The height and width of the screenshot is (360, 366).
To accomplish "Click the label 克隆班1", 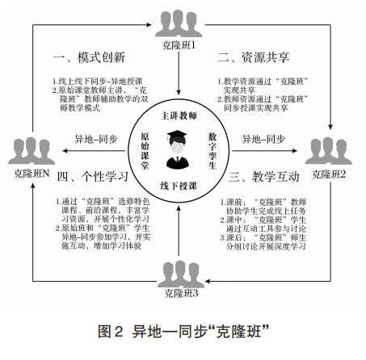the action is tap(179, 45).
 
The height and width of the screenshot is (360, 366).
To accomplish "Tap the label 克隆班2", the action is tap(329, 174).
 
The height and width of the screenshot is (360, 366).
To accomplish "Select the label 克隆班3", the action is tap(181, 293).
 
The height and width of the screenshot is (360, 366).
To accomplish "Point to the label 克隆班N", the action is tap(32, 174).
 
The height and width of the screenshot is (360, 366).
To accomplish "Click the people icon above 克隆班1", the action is tap(179, 23).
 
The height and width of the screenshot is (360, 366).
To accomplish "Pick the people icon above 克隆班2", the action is tap(329, 151).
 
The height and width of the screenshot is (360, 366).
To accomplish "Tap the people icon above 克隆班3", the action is tap(181, 274).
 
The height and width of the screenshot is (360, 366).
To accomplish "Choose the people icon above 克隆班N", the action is tap(32, 151).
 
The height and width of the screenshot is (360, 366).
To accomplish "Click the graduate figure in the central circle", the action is tap(178, 149).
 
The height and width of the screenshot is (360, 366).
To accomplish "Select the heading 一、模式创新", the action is tap(89, 57).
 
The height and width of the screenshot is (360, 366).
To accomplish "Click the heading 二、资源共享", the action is tap(254, 57).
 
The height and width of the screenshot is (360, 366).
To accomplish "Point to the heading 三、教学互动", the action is tap(263, 177).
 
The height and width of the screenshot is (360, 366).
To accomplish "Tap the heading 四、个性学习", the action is tap(93, 177).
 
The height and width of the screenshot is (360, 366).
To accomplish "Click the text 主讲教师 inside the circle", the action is tap(179, 115).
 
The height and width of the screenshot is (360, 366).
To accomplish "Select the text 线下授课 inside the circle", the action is tap(179, 186).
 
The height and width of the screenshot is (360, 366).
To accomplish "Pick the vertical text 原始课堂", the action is tap(145, 151).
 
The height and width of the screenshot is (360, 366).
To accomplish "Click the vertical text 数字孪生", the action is tap(212, 151).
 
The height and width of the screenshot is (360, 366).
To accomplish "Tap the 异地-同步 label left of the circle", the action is tap(96, 140).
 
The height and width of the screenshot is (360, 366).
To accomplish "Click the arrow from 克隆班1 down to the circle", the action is tap(179, 73).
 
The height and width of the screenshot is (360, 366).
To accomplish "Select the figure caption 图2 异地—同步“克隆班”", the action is tap(183, 332).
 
